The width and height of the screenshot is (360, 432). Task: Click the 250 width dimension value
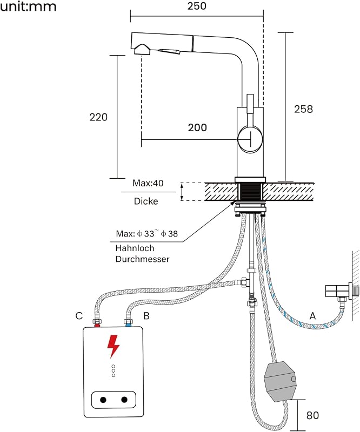pyautogui.click(x=197, y=6)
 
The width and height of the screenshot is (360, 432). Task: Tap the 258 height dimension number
pyautogui.click(x=303, y=109)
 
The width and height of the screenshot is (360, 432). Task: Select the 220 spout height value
pyautogui.click(x=98, y=117)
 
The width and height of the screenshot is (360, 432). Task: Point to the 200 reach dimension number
pyautogui.click(x=197, y=127)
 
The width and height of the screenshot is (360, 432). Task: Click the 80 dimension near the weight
pyautogui.click(x=312, y=415)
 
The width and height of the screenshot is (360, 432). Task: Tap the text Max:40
pyautogui.click(x=148, y=183)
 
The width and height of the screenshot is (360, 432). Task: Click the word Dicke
pyautogui.click(x=146, y=201)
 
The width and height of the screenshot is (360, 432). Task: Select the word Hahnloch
pyautogui.click(x=135, y=248)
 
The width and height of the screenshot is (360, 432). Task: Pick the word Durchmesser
pyautogui.click(x=142, y=259)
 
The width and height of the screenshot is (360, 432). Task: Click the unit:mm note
pyautogui.click(x=28, y=6)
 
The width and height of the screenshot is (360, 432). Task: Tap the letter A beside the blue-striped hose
pyautogui.click(x=312, y=315)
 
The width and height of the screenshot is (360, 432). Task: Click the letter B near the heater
pyautogui.click(x=146, y=316)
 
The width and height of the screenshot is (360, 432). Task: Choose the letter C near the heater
pyautogui.click(x=79, y=316)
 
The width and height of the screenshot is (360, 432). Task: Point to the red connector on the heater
pyautogui.click(x=97, y=326)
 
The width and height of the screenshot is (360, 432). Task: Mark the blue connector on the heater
pyautogui.click(x=129, y=326)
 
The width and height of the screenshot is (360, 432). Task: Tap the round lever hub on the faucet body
pyautogui.click(x=250, y=139)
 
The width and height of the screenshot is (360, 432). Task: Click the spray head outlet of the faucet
pyautogui.click(x=142, y=50)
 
